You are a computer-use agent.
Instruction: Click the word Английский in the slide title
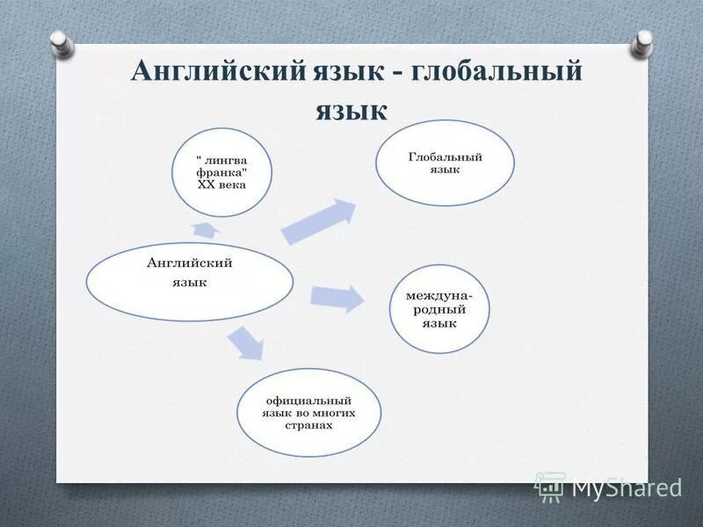(216, 71)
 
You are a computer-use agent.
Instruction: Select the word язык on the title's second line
(351, 109)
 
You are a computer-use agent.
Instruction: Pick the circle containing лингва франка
(221, 172)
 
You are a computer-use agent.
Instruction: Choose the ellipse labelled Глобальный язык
(445, 162)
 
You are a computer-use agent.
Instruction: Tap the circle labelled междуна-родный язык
(438, 309)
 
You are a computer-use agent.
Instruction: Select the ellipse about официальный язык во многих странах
(308, 412)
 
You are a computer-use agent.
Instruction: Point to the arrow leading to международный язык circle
(337, 298)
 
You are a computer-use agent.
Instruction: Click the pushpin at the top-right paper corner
(645, 40)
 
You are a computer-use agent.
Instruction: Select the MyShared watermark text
(627, 487)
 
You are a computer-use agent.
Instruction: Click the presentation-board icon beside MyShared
(550, 486)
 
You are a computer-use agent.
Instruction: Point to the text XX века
(221, 185)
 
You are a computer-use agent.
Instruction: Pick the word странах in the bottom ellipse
(308, 425)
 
